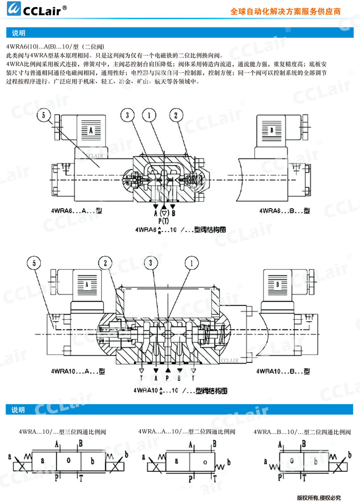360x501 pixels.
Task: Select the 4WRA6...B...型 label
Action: (284, 210)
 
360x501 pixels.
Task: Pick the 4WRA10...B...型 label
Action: (282, 371)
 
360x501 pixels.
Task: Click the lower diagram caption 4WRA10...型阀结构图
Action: (180, 391)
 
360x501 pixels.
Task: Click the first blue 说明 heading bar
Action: (180, 33)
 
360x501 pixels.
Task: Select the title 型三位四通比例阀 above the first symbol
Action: (62, 431)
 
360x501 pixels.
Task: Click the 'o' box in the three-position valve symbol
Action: (68, 460)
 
